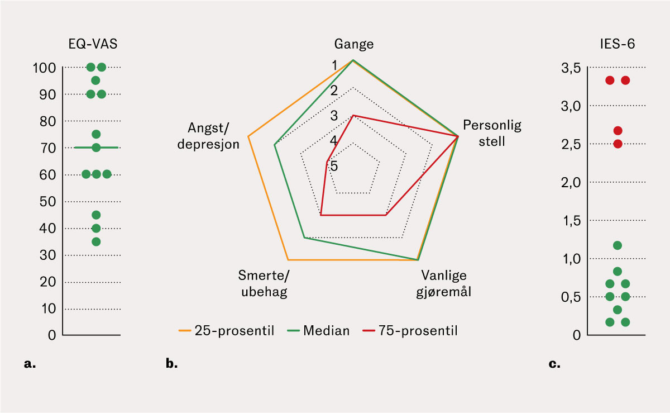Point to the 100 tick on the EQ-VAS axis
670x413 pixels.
[x=44, y=68]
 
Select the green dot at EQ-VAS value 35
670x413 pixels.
[x=96, y=242]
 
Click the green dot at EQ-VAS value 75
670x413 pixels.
[x=96, y=134]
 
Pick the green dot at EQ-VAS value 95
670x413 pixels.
[x=95, y=80]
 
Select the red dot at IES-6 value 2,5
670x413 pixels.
[x=618, y=144]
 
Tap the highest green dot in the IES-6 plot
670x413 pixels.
[x=618, y=245]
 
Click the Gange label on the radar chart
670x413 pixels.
[x=354, y=44]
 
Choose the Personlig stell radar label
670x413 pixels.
[x=492, y=133]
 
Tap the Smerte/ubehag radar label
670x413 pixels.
[x=263, y=283]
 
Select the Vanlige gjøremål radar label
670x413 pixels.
[x=444, y=283]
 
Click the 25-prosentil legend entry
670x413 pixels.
[x=227, y=330]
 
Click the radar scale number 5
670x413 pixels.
[x=333, y=166]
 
